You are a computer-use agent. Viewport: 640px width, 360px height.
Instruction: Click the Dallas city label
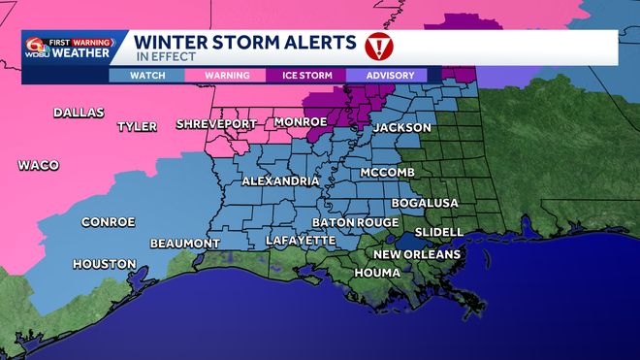(79, 113)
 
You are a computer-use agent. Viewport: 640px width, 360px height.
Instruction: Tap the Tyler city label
(137, 127)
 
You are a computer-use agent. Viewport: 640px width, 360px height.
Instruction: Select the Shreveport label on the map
(216, 124)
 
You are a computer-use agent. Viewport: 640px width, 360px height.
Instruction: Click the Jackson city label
(401, 127)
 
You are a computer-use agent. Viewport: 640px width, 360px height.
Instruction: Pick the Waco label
(39, 166)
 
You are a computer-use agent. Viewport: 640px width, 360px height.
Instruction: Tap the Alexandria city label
(281, 181)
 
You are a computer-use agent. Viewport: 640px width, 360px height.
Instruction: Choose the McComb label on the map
(387, 172)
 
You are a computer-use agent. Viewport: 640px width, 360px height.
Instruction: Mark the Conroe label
(108, 222)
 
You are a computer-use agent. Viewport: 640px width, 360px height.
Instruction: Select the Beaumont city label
(184, 243)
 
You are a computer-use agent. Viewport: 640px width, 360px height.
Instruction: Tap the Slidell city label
(438, 233)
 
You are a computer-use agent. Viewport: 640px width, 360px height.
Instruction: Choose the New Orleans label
(417, 254)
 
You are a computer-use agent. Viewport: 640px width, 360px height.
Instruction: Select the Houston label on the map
(103, 263)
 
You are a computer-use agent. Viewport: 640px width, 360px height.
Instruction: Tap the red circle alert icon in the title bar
(377, 46)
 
